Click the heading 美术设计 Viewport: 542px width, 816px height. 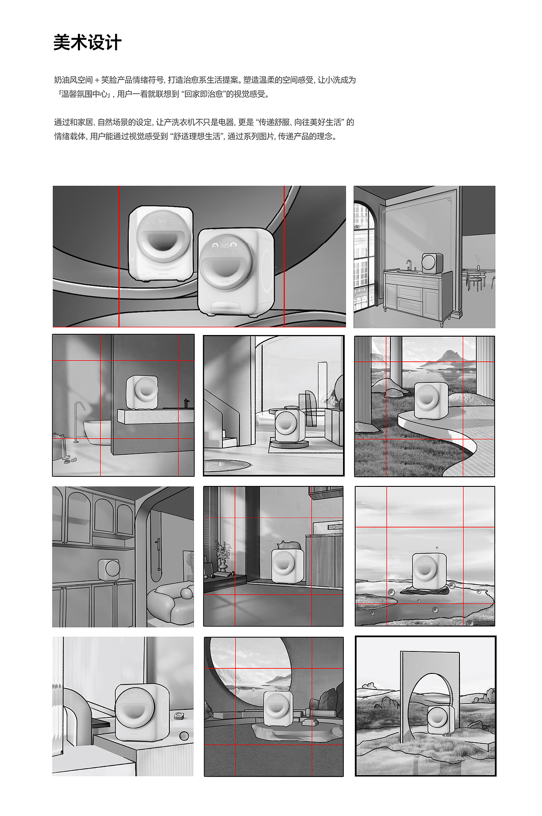[x=88, y=43]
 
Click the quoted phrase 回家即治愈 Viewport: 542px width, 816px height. [x=204, y=94]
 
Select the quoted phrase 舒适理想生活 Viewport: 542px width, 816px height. [x=197, y=136]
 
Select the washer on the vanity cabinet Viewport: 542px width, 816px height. [x=432, y=263]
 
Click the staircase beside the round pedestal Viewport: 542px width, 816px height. [x=222, y=419]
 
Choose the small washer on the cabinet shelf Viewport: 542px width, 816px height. [x=109, y=570]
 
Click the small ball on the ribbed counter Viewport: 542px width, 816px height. [x=184, y=736]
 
